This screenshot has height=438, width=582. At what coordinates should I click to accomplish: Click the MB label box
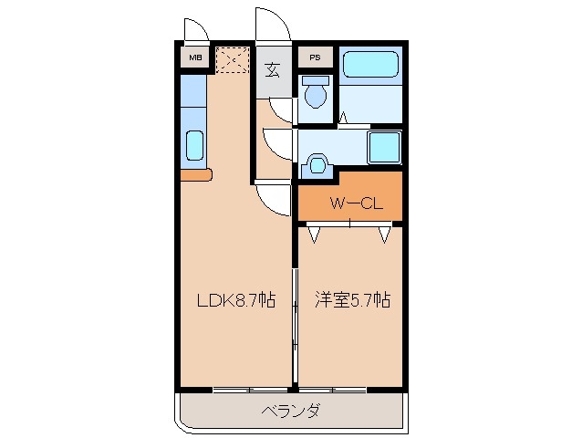[x=195, y=58]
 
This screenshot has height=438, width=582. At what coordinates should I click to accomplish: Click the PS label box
[x=314, y=58]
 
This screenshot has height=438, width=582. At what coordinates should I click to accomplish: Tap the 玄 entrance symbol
[x=273, y=69]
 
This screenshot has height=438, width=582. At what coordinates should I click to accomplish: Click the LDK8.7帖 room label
[x=236, y=299]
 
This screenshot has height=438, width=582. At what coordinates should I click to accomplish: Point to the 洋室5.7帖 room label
[x=352, y=299]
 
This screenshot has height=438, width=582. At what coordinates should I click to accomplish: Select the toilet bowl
[x=317, y=92]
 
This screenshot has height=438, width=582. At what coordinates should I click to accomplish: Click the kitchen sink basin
[x=194, y=146]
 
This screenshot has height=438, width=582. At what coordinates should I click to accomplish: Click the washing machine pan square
[x=383, y=145]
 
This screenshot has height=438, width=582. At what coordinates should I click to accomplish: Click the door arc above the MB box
[x=196, y=30]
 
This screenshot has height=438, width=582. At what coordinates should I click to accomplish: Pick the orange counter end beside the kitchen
[x=195, y=174]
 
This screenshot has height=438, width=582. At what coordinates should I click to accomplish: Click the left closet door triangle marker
[x=315, y=235]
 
